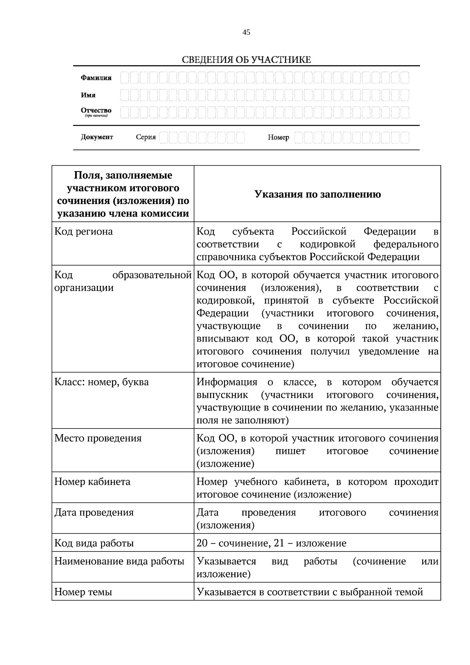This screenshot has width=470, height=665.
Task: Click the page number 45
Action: point(246,33)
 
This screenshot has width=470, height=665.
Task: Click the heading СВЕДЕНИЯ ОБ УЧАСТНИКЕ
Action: point(246,60)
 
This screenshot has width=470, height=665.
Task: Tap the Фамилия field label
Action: point(96,78)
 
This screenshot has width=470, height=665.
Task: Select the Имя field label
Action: point(88,95)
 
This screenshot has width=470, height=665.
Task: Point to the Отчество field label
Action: point(96,111)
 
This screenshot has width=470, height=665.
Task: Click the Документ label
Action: point(97,137)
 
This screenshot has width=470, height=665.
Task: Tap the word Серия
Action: point(146,137)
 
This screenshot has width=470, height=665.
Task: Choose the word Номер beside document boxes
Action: point(278,137)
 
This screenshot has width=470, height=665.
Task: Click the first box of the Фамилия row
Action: point(125,78)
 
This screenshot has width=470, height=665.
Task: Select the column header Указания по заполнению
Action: point(317,194)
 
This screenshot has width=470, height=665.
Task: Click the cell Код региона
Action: point(83,231)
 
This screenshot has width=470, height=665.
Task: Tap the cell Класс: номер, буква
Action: point(101,382)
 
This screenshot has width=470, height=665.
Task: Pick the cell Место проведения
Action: point(98,438)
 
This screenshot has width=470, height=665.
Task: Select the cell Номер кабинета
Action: point(92,482)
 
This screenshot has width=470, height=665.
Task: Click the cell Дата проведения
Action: point(94,513)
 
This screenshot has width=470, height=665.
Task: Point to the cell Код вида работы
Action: point(94,543)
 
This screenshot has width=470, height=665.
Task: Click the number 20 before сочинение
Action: point(202,544)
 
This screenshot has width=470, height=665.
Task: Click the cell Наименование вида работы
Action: point(119,561)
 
